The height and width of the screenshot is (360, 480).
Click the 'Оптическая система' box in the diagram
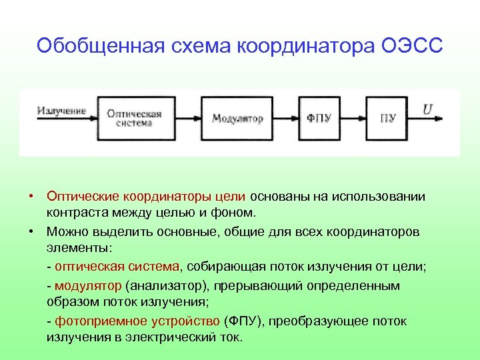[135, 117]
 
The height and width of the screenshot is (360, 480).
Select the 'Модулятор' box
[237, 118]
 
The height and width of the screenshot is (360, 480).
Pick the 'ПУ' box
[388, 118]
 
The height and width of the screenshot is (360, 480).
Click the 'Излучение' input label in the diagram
[61, 111]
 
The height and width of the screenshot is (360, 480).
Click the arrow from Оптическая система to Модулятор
[186, 118]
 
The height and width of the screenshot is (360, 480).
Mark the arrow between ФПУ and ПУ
[354, 118]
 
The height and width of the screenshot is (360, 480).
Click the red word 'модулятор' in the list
[89, 285]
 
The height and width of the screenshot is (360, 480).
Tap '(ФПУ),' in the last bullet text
[245, 321]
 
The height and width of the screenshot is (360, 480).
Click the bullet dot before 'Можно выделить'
[31, 231]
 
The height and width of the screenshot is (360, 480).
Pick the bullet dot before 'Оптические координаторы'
[31, 196]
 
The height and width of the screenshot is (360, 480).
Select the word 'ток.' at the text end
[229, 337]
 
